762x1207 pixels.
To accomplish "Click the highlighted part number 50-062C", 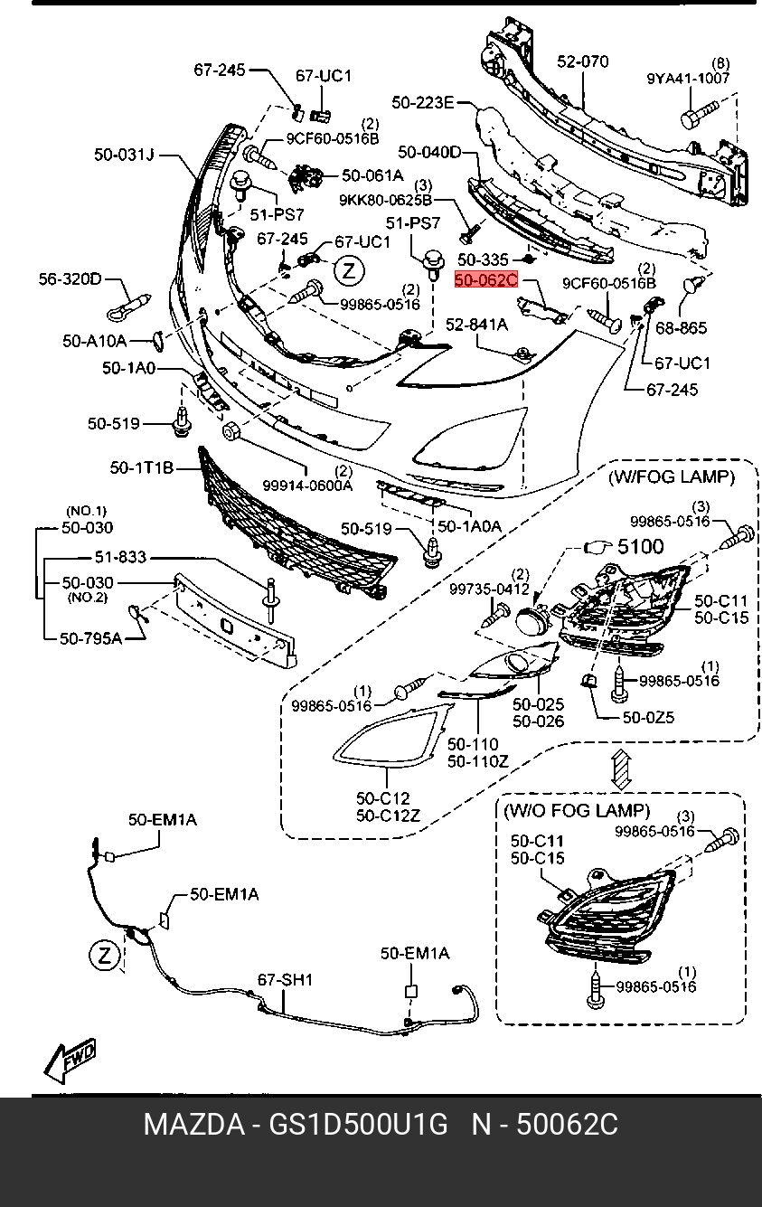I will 486,280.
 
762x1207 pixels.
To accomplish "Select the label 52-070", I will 582,61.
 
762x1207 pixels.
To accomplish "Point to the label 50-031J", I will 124,155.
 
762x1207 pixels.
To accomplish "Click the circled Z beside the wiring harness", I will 105,955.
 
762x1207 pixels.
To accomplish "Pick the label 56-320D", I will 70,278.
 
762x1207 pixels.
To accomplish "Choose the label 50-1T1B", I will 141,468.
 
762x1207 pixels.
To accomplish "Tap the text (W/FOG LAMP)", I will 670,476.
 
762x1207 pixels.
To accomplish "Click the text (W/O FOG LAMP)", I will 576,810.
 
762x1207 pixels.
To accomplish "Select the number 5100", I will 640,546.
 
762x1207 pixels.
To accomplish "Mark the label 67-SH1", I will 285,978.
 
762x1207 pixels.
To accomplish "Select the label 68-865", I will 681,327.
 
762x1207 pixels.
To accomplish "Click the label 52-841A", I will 475,324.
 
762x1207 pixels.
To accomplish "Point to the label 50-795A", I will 90,638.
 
